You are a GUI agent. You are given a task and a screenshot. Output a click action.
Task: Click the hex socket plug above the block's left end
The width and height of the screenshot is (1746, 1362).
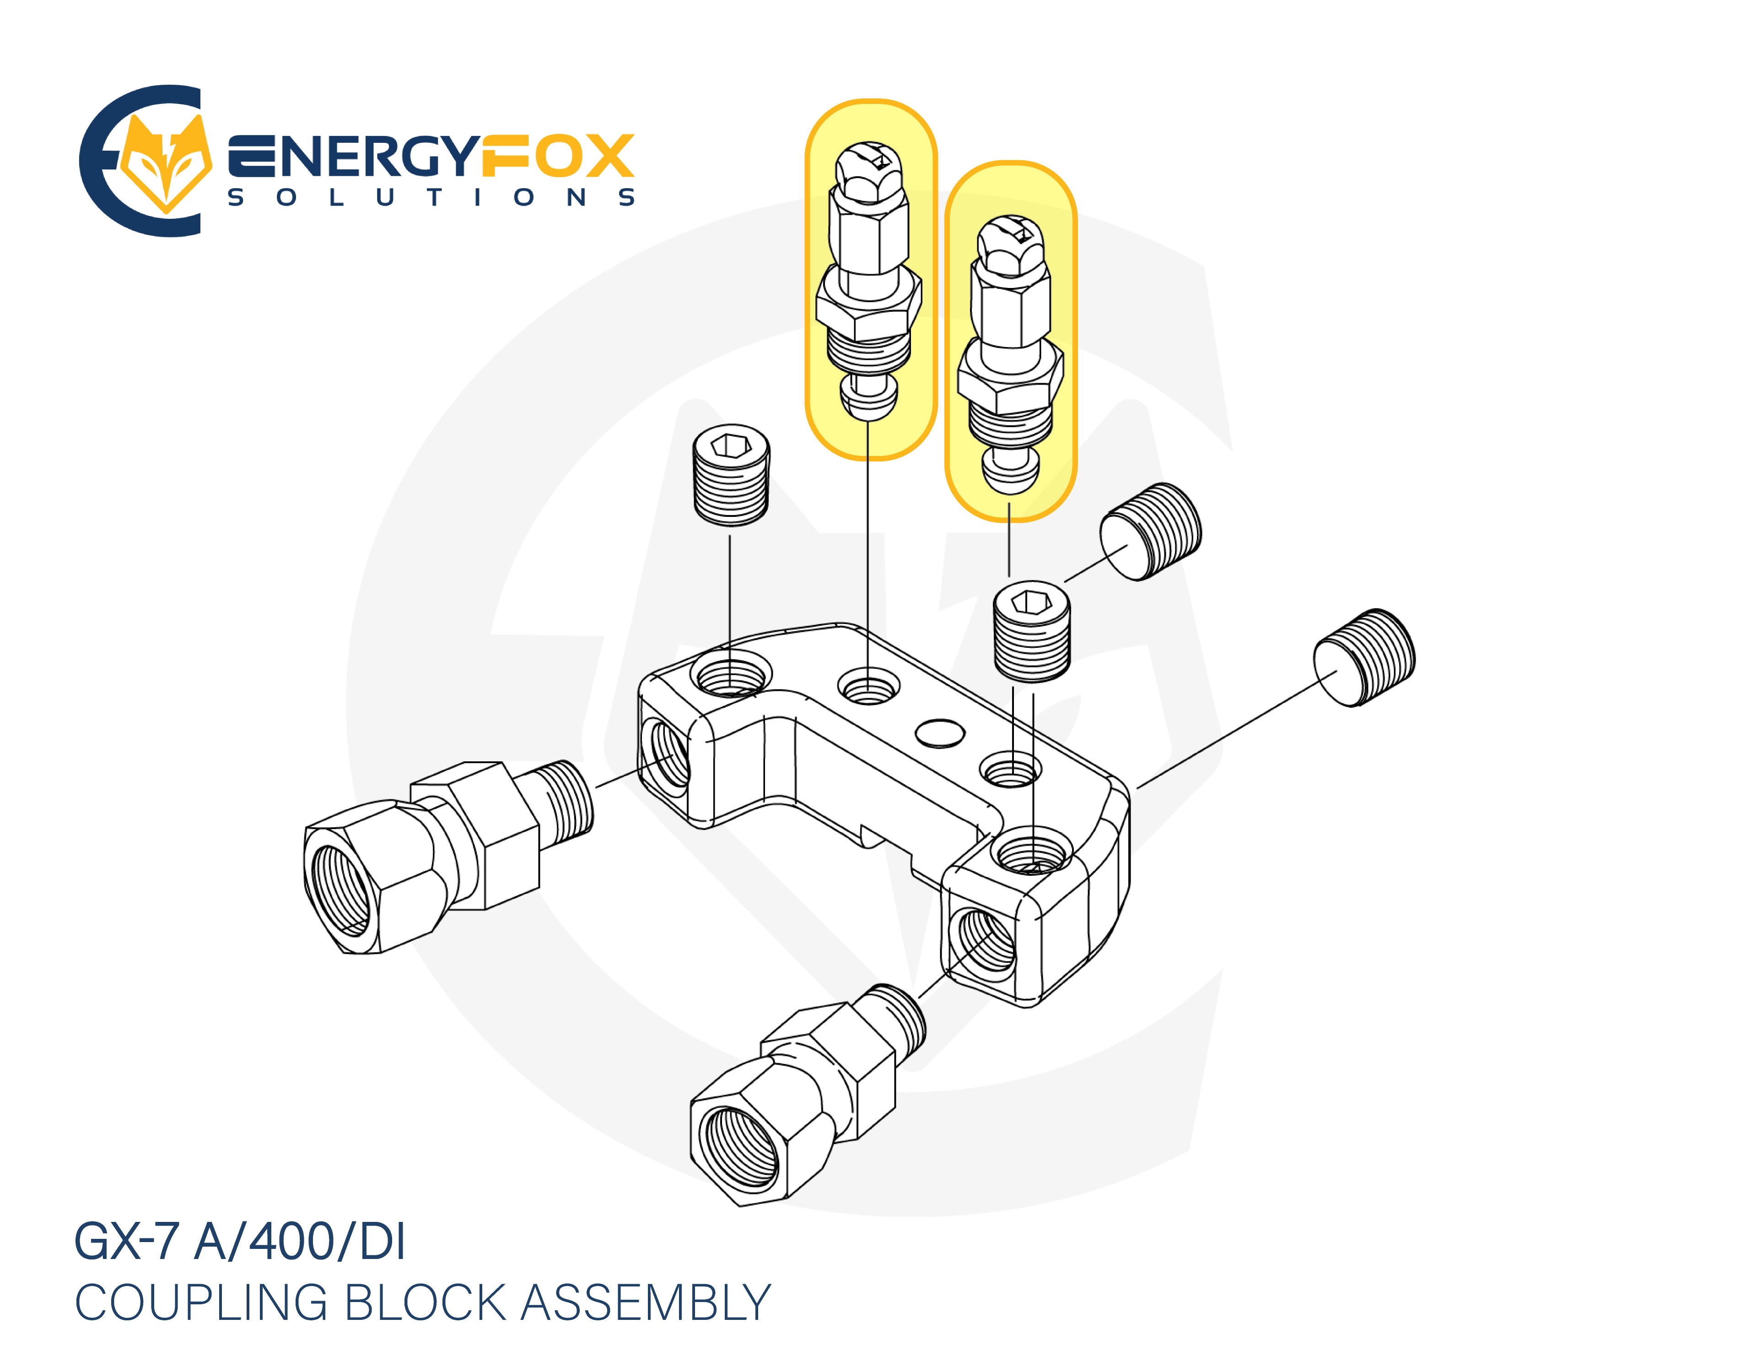point(730,475)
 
